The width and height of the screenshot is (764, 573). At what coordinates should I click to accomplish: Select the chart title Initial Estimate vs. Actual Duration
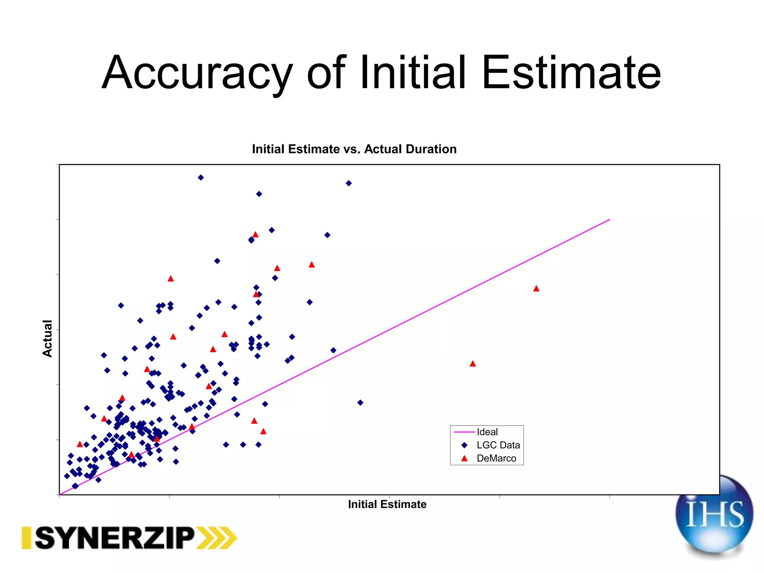click(354, 149)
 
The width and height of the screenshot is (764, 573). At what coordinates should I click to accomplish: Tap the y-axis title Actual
click(47, 338)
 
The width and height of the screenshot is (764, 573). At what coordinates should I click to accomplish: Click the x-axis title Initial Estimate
click(387, 504)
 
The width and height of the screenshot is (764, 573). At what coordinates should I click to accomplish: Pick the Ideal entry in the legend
click(487, 432)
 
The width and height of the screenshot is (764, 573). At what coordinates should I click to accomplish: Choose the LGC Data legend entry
click(498, 445)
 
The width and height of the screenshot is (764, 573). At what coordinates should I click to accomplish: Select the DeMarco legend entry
click(496, 458)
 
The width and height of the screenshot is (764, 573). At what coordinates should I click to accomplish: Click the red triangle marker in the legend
click(464, 458)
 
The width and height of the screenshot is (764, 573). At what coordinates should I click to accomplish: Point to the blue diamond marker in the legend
click(464, 445)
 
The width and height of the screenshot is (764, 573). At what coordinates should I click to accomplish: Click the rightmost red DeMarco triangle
click(536, 288)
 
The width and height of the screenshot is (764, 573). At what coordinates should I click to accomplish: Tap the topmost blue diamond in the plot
click(201, 178)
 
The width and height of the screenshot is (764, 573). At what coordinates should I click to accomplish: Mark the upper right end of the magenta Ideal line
click(610, 220)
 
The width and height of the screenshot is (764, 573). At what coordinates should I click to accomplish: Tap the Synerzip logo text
click(115, 538)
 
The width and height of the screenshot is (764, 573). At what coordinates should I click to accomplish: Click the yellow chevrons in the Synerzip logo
click(218, 538)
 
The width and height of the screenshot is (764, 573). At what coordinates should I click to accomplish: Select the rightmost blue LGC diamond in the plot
click(360, 403)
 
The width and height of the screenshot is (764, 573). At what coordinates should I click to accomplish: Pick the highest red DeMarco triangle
click(256, 235)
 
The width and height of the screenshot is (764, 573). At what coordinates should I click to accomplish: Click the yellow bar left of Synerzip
click(26, 538)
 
